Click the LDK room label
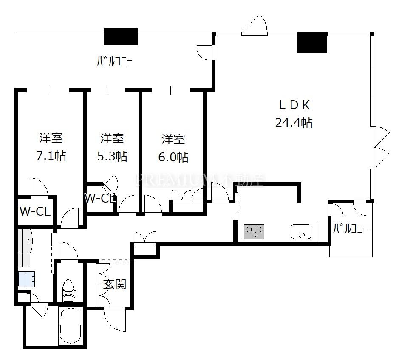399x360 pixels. click(x=294, y=105)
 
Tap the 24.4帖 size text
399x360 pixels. click(x=294, y=123)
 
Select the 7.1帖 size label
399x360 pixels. click(x=51, y=156)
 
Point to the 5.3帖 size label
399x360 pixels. click(x=112, y=156)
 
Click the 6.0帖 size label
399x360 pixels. click(x=173, y=157)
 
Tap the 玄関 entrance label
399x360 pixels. click(x=115, y=284)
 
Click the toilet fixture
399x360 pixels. click(x=69, y=290)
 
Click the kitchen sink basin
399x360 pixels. click(x=301, y=231)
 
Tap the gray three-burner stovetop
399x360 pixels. click(x=254, y=231)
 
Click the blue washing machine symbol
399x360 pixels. click(x=26, y=279)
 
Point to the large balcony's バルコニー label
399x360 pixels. click(x=114, y=61)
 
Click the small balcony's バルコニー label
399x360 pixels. click(x=351, y=229)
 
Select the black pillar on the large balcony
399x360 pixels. click(x=121, y=36)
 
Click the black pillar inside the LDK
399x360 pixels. click(x=312, y=42)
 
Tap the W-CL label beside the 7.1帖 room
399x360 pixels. click(x=35, y=211)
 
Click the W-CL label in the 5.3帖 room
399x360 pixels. click(x=100, y=198)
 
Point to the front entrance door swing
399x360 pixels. click(x=115, y=319)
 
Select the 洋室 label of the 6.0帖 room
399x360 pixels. click(x=173, y=139)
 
